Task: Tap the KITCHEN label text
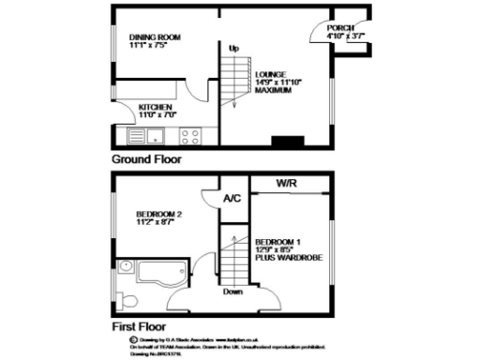coord(156,107)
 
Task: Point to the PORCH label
coord(340,28)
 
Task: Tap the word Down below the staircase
coord(233,292)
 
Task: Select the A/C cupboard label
coord(231,199)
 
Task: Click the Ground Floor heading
coord(147,159)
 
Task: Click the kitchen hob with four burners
coord(190,135)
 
